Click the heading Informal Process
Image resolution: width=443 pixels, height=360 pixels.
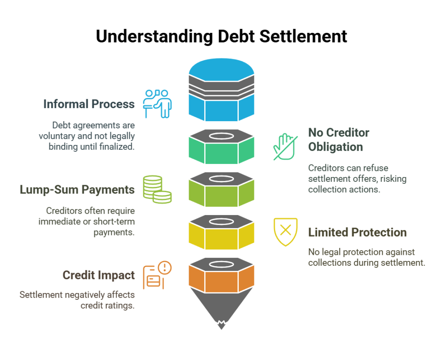(89, 104)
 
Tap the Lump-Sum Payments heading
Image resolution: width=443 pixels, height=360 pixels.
(77, 190)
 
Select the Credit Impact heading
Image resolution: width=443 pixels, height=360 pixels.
(99, 275)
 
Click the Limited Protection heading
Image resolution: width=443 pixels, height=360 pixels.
(357, 232)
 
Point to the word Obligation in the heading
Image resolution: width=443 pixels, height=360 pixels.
(335, 147)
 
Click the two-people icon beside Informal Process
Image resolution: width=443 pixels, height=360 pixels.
(157, 103)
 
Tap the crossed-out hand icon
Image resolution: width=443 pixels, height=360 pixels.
(286, 147)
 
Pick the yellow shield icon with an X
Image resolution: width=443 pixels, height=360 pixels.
(286, 231)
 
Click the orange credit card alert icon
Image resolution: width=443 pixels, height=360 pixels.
(157, 275)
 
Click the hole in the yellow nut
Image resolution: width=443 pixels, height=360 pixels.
(221, 221)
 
